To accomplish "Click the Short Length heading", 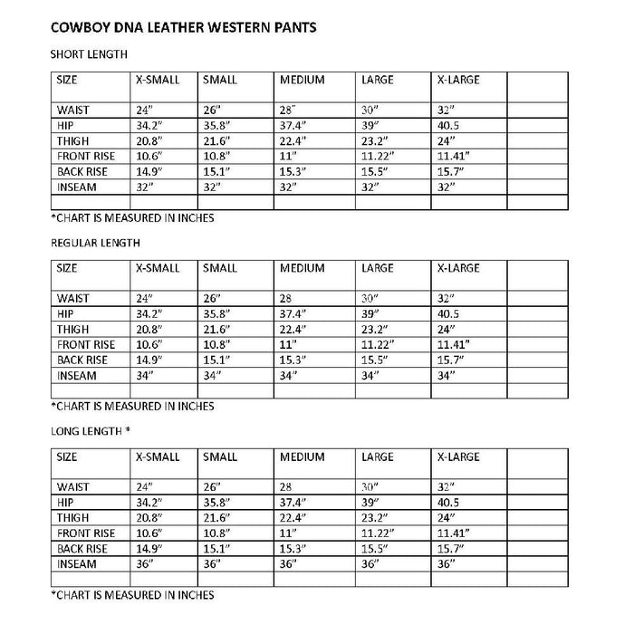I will pos(88,54).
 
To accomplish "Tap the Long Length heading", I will pos(91,430).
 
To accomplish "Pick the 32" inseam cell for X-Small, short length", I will pos(146,187).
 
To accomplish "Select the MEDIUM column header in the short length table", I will pos(302,80).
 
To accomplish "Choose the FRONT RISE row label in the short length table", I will pos(85,156).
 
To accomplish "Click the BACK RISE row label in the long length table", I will pos(82,548).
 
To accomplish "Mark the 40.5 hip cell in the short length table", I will pos(449,125).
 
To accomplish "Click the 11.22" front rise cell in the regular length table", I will pos(379,344).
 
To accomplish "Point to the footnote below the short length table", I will pos(131,218).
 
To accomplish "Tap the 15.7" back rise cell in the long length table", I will pos(453,548).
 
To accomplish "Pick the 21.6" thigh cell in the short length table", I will pos(217,140).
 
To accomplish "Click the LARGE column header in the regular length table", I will pos(377,268).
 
